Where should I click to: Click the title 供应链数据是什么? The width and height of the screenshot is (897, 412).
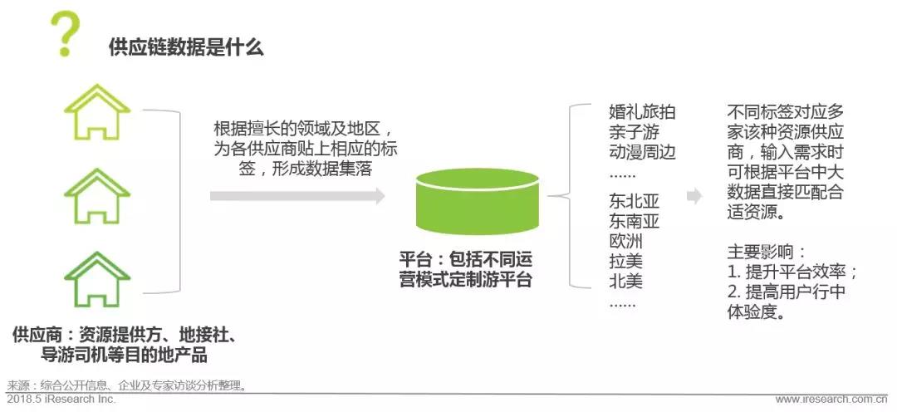(186, 47)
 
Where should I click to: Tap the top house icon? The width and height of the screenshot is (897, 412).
(96, 113)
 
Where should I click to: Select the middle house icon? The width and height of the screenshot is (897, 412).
(96, 196)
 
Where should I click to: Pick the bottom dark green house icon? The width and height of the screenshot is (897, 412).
(96, 279)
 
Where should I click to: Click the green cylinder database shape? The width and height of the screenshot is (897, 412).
(477, 201)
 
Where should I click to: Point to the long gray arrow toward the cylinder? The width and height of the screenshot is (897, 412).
(297, 196)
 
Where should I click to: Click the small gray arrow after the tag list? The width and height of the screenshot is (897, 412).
(694, 196)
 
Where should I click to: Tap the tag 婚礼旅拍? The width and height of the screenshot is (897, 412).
(642, 111)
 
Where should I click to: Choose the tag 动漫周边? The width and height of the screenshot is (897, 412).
(642, 153)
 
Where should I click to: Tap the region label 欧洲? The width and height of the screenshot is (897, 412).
(626, 241)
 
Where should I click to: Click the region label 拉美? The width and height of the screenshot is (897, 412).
(626, 261)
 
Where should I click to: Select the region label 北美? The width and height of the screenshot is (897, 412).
(626, 281)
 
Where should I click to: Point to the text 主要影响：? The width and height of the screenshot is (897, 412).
(767, 253)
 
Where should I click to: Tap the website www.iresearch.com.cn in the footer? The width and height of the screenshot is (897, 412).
(831, 400)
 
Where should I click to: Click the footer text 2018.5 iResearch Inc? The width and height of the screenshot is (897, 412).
(61, 399)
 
